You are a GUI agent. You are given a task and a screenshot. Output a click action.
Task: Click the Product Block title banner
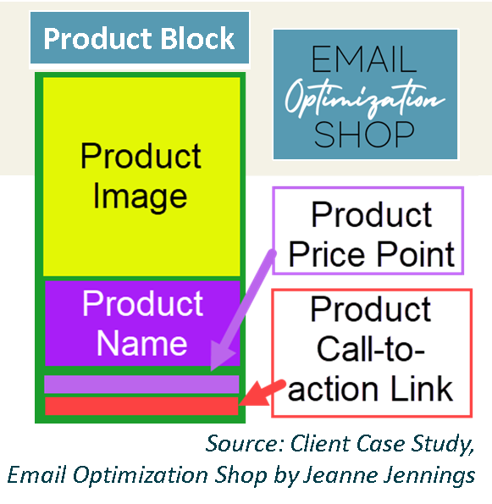pyautogui.click(x=140, y=38)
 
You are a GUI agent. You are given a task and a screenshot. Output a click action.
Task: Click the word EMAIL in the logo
pyautogui.click(x=364, y=59)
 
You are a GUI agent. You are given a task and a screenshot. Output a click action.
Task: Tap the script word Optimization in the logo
pyautogui.click(x=365, y=97)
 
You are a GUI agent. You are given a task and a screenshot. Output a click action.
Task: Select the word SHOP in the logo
pyautogui.click(x=364, y=135)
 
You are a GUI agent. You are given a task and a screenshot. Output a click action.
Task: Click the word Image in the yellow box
pyautogui.click(x=140, y=197)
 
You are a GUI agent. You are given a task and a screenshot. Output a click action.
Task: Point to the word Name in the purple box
pyautogui.click(x=141, y=343)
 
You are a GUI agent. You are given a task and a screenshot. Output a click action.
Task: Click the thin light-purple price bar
pyautogui.click(x=141, y=384)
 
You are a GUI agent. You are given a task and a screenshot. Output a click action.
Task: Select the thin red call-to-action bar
pyautogui.click(x=141, y=406)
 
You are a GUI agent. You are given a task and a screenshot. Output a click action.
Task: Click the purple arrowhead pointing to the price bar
pyautogui.click(x=223, y=356)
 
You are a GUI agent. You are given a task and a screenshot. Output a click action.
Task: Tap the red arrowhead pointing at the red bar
pyautogui.click(x=255, y=395)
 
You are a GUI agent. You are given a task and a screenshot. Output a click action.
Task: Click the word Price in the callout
pyautogui.click(x=327, y=255)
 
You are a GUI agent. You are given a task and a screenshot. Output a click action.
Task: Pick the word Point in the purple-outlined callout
pyautogui.click(x=415, y=255)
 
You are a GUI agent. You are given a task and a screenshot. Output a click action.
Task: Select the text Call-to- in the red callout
pyautogui.click(x=370, y=349)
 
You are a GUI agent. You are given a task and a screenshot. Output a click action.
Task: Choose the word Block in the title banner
pyautogui.click(x=197, y=39)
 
